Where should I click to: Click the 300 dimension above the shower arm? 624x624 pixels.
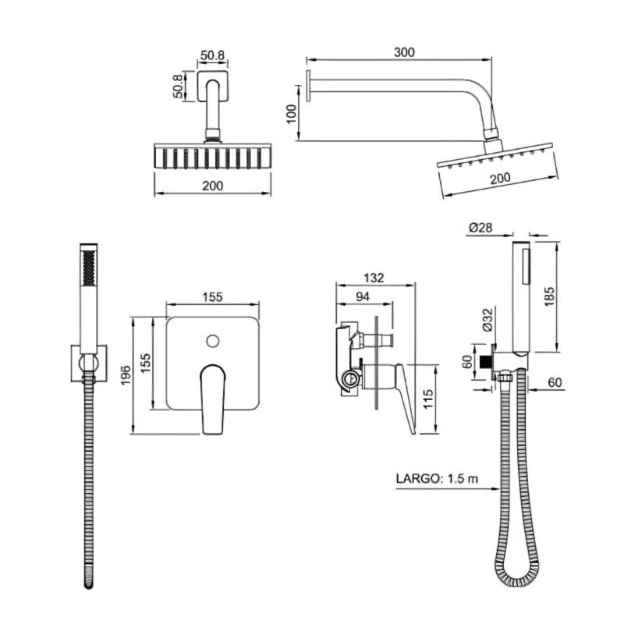click(x=404, y=52)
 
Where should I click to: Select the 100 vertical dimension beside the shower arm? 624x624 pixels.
click(x=292, y=114)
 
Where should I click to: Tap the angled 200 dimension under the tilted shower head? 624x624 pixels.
click(x=500, y=178)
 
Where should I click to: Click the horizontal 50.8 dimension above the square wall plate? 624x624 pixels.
click(x=212, y=55)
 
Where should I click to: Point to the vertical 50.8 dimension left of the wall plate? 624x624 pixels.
click(x=178, y=86)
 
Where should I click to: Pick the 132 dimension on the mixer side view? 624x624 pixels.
click(x=374, y=278)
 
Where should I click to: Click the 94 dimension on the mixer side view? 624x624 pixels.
click(x=363, y=296)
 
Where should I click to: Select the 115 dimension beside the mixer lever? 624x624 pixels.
click(x=427, y=399)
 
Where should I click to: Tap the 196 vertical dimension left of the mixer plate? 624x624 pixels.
click(x=126, y=375)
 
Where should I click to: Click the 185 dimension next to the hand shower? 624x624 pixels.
click(x=549, y=296)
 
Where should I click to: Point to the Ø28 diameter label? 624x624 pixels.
click(x=480, y=228)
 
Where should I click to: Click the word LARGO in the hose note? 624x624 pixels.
click(x=417, y=478)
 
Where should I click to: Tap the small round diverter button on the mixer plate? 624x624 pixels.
click(x=213, y=341)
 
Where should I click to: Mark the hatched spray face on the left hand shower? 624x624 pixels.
click(x=88, y=268)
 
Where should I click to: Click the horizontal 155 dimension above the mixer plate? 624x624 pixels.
click(x=212, y=297)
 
